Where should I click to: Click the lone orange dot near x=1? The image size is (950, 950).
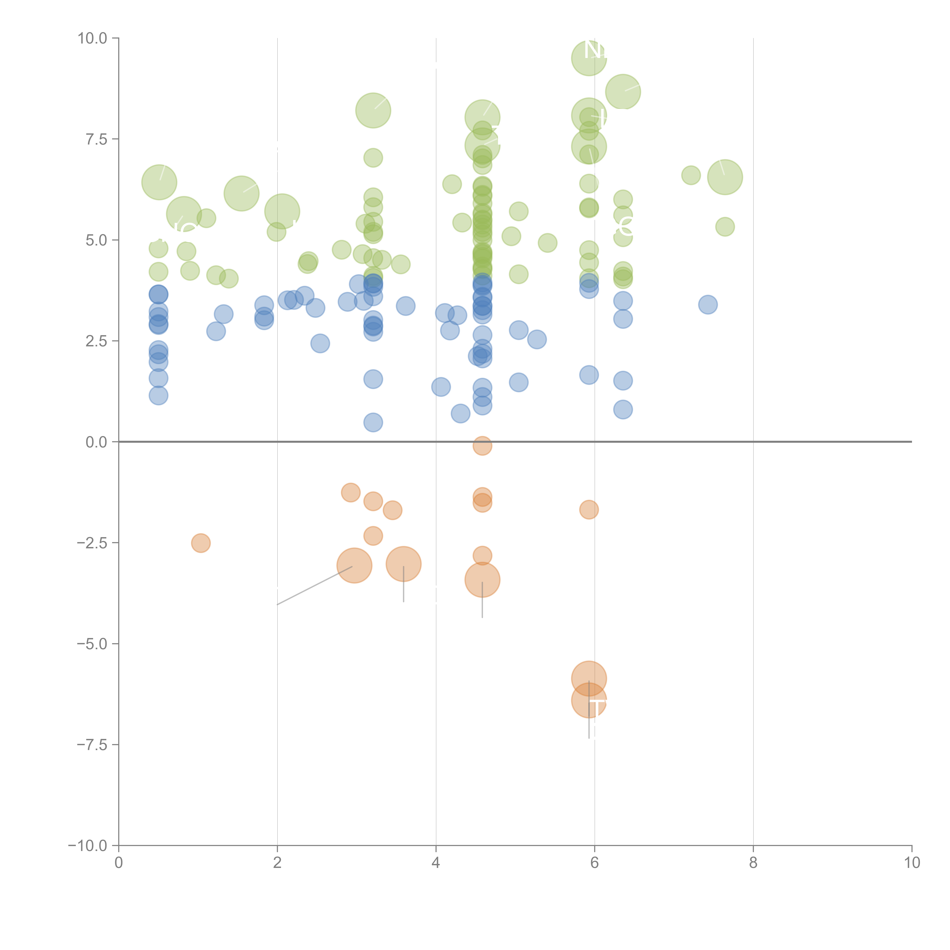pyautogui.click(x=201, y=543)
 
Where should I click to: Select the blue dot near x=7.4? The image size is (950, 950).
pyautogui.click(x=708, y=305)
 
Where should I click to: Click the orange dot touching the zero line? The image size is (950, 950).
pyautogui.click(x=482, y=446)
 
